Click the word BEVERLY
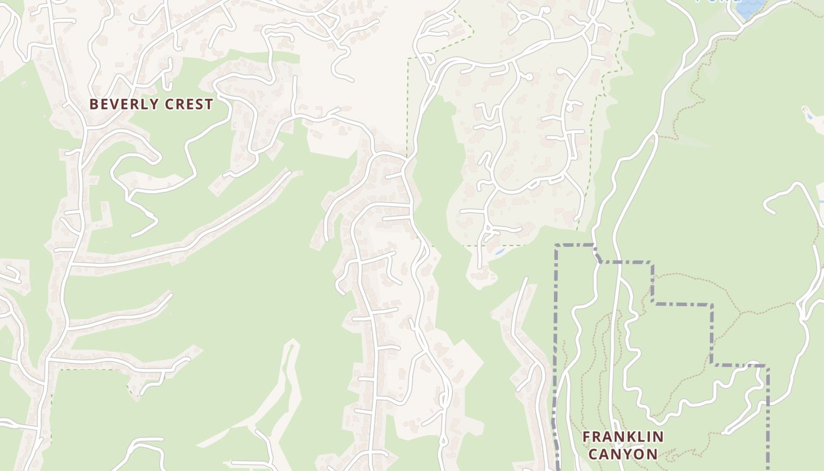pos(123,104)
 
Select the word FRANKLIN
pos(623,437)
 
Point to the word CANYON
pos(623,454)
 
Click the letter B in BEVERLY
pos(93,104)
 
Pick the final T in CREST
pos(208,104)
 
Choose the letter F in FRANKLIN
pos(586,437)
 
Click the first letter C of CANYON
pos(593,454)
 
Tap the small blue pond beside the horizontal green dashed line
pos(500,251)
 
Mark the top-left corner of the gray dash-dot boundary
pos(556,246)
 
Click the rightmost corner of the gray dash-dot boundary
pos(767,366)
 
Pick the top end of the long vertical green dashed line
pos(407,59)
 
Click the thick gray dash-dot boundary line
pos(683,304)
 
